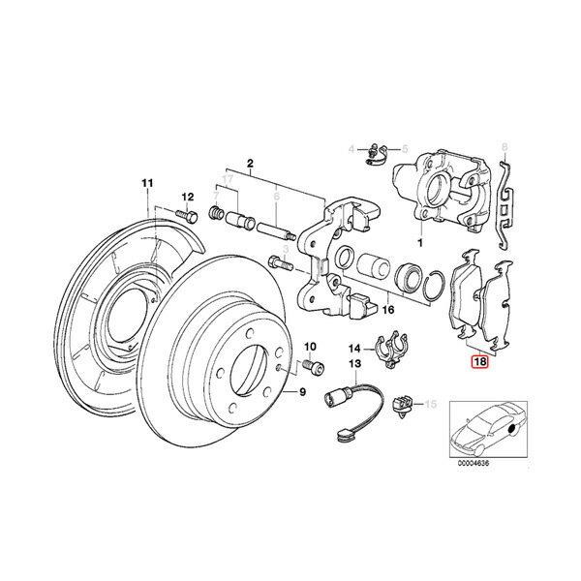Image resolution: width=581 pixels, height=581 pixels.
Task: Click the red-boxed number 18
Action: point(479,361)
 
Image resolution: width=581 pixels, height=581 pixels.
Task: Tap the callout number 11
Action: point(147,183)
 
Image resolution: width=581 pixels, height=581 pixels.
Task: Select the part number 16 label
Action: point(388,309)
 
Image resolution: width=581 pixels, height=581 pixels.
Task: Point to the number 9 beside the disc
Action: point(303,391)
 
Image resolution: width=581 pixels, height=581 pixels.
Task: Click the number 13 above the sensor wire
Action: point(354,363)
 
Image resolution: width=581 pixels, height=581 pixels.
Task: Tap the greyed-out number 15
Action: point(431,404)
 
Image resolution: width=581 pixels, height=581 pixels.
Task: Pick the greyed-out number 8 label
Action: point(504,147)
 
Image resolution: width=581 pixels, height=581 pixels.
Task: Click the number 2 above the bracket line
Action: point(250,163)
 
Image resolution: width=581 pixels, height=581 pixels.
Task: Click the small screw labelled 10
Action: point(313,366)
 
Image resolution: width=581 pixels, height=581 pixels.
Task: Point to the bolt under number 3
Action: point(280,263)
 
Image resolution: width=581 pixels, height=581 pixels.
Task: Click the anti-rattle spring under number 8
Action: point(505,205)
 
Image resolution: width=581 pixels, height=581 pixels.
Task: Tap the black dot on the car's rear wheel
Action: point(514,429)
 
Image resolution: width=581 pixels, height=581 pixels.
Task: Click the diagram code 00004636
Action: point(474,463)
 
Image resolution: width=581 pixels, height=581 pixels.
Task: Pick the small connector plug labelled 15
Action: point(401,406)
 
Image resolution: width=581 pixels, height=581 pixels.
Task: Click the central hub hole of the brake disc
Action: point(249,369)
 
